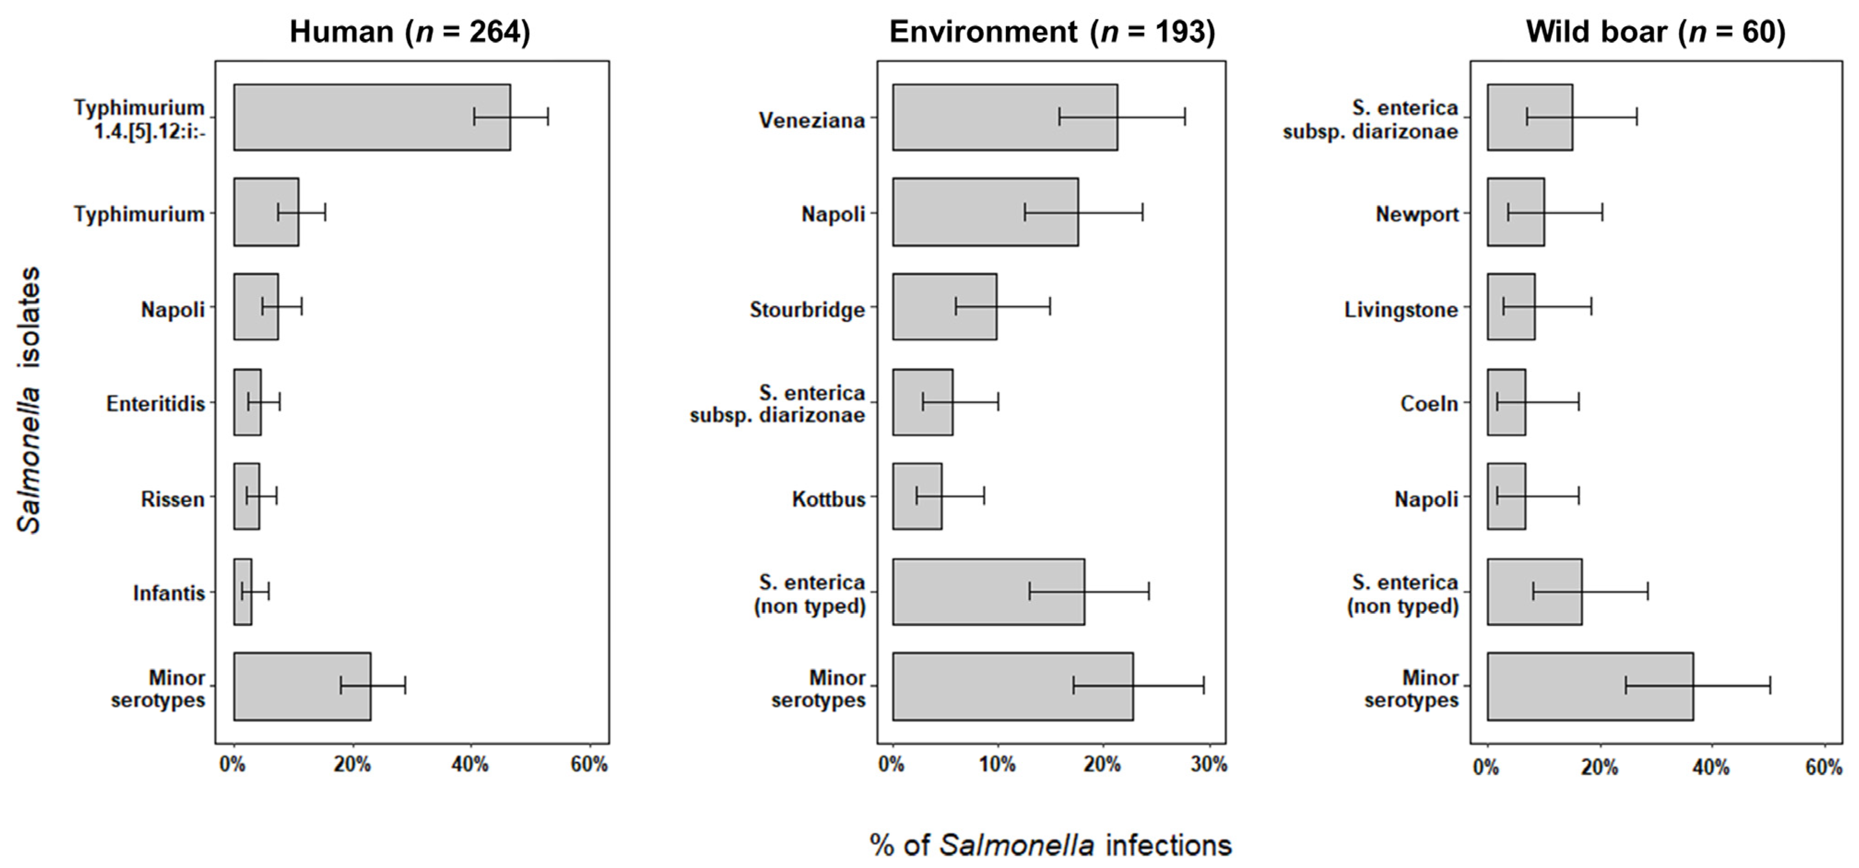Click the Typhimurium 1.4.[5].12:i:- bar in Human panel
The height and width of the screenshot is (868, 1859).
tap(372, 117)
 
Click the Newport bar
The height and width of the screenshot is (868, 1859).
tap(1516, 212)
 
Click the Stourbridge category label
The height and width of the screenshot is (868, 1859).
tap(807, 310)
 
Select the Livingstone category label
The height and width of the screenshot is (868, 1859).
tap(1401, 310)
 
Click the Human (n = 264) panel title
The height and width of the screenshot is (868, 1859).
tap(409, 32)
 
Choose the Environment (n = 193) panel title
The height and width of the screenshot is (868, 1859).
tap(1051, 32)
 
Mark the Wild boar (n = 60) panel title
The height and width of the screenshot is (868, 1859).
tap(1655, 32)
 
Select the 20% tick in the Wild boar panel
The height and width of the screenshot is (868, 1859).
tap(1599, 767)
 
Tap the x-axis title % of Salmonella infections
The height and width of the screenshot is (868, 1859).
tap(1050, 845)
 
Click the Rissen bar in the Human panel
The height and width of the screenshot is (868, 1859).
tap(246, 496)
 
